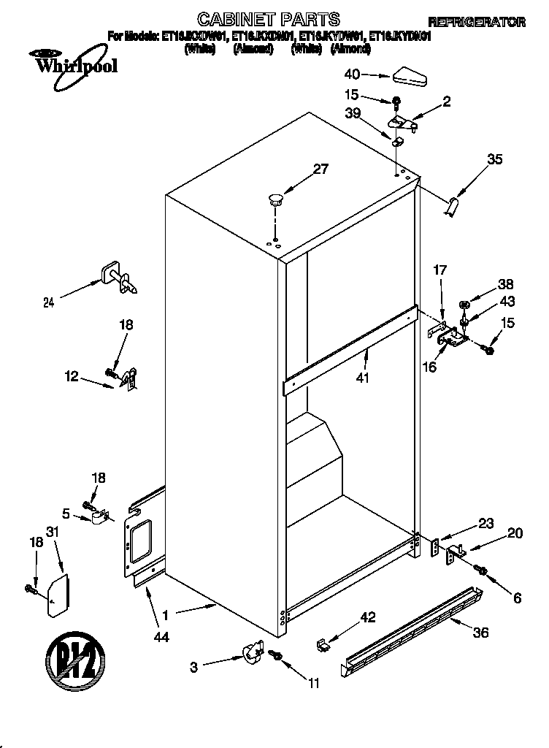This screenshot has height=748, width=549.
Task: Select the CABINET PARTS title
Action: click(269, 18)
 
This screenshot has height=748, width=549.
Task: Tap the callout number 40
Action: click(353, 74)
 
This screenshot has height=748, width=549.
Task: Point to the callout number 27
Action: click(320, 169)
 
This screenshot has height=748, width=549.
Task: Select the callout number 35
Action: click(495, 160)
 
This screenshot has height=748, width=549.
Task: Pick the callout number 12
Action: click(72, 376)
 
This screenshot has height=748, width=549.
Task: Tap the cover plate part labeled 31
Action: click(58, 595)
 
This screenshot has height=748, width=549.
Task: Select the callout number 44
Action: click(161, 637)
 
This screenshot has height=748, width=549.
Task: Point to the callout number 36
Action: click(480, 632)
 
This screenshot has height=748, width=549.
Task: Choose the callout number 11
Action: click(314, 684)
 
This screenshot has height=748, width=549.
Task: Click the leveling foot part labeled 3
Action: click(253, 651)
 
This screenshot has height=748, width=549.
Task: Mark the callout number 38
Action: click(486, 286)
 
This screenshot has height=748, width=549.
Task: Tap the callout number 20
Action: click(515, 533)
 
